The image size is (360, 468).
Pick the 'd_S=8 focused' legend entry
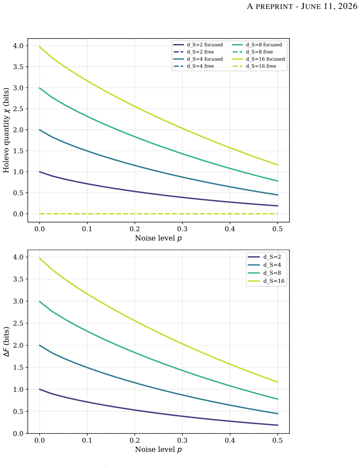click(x=257, y=45)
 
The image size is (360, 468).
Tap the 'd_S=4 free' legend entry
click(x=194, y=66)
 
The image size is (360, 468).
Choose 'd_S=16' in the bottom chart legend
click(x=266, y=281)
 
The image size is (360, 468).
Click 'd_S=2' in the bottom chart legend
click(x=264, y=257)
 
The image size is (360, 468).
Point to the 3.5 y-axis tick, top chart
click(x=18, y=67)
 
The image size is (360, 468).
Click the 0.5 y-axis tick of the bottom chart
click(x=18, y=412)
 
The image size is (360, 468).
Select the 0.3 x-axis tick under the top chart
click(x=182, y=229)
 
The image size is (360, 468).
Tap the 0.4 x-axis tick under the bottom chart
click(x=230, y=440)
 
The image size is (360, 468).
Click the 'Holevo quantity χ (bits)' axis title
click(x=6, y=130)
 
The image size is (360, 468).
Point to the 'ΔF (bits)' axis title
click(x=6, y=342)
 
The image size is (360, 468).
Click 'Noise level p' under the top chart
click(x=158, y=238)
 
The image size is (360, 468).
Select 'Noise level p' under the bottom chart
click(x=158, y=450)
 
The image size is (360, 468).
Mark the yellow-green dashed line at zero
click(x=158, y=214)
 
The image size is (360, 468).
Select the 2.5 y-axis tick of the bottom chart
click(x=18, y=323)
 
